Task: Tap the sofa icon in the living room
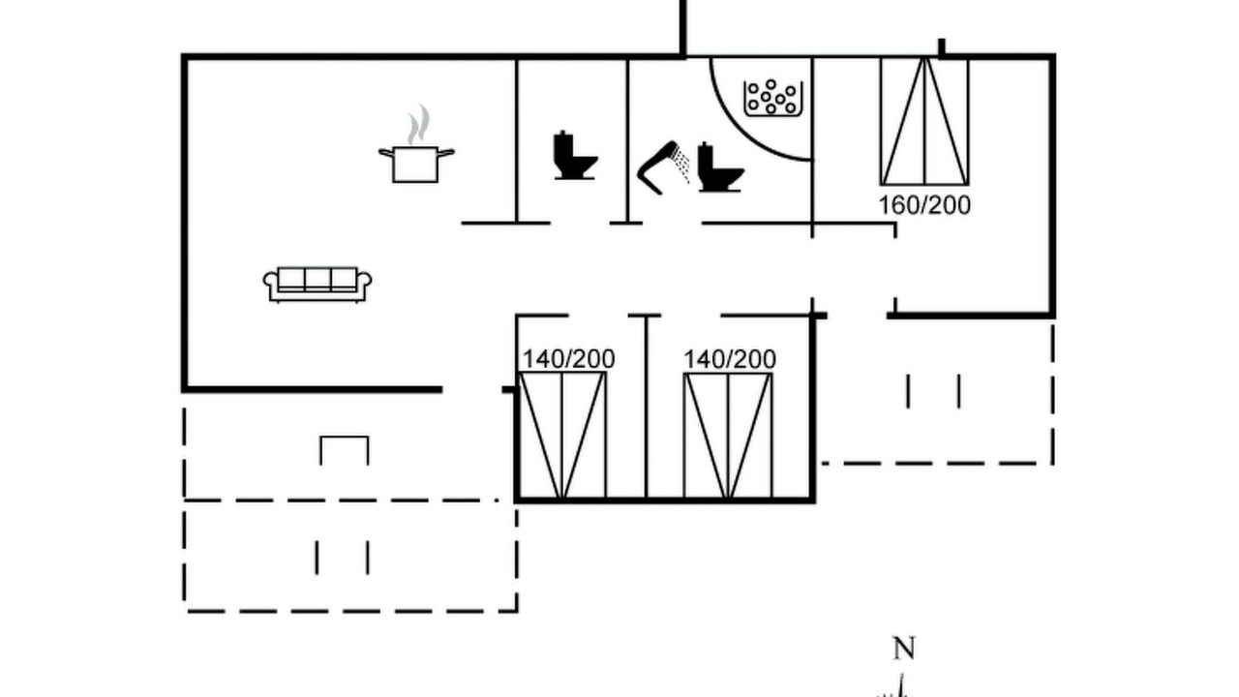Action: (x=317, y=285)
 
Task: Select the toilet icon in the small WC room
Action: (x=575, y=156)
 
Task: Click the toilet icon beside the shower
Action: (x=719, y=167)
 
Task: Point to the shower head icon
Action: (x=656, y=167)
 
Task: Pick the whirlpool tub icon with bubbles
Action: (x=772, y=99)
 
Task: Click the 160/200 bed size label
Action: (x=924, y=205)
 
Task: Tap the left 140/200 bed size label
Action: (x=568, y=359)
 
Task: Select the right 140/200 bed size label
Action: (x=730, y=359)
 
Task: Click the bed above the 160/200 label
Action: (x=924, y=121)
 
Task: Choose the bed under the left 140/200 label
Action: (x=562, y=436)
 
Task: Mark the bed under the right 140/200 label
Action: (x=728, y=436)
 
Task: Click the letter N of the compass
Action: (x=904, y=649)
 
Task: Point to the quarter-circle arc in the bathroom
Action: (x=740, y=130)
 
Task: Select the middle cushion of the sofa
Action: (x=317, y=280)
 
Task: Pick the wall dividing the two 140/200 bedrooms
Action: (x=646, y=408)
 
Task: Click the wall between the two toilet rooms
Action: (x=627, y=140)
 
